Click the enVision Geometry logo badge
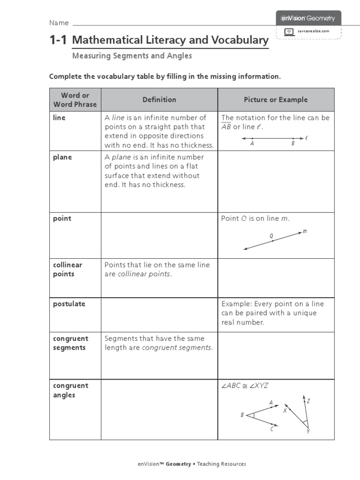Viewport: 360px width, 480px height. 308,18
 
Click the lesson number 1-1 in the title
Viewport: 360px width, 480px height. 60,40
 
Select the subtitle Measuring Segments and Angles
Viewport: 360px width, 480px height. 132,56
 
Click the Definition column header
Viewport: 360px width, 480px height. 159,99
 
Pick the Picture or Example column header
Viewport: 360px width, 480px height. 276,99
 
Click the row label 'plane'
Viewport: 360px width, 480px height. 62,157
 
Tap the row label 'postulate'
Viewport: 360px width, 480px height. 69,304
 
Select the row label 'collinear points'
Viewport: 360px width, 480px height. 67,270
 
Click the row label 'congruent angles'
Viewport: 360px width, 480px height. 70,390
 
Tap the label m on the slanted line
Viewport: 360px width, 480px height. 305,231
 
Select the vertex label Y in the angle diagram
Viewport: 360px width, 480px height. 308,431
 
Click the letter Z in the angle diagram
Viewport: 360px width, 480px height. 308,401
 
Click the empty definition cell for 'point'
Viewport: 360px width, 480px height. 159,234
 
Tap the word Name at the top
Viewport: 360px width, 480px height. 59,23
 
